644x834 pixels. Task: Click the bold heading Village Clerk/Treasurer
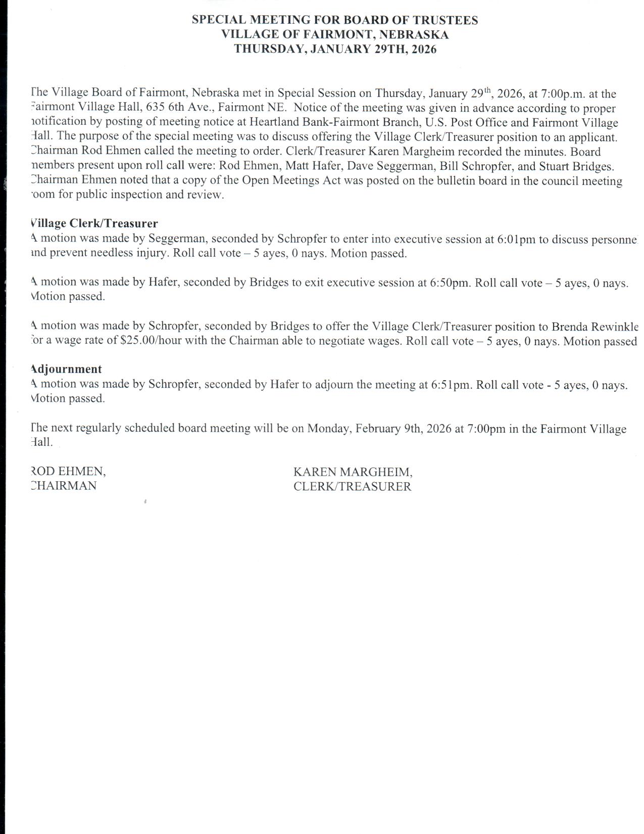click(x=94, y=223)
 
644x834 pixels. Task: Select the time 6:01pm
click(x=516, y=239)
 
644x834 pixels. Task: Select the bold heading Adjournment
click(x=66, y=369)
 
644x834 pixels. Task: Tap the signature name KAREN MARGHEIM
click(x=353, y=472)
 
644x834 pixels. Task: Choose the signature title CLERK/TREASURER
click(x=352, y=486)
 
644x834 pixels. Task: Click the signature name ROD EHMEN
click(x=68, y=471)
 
